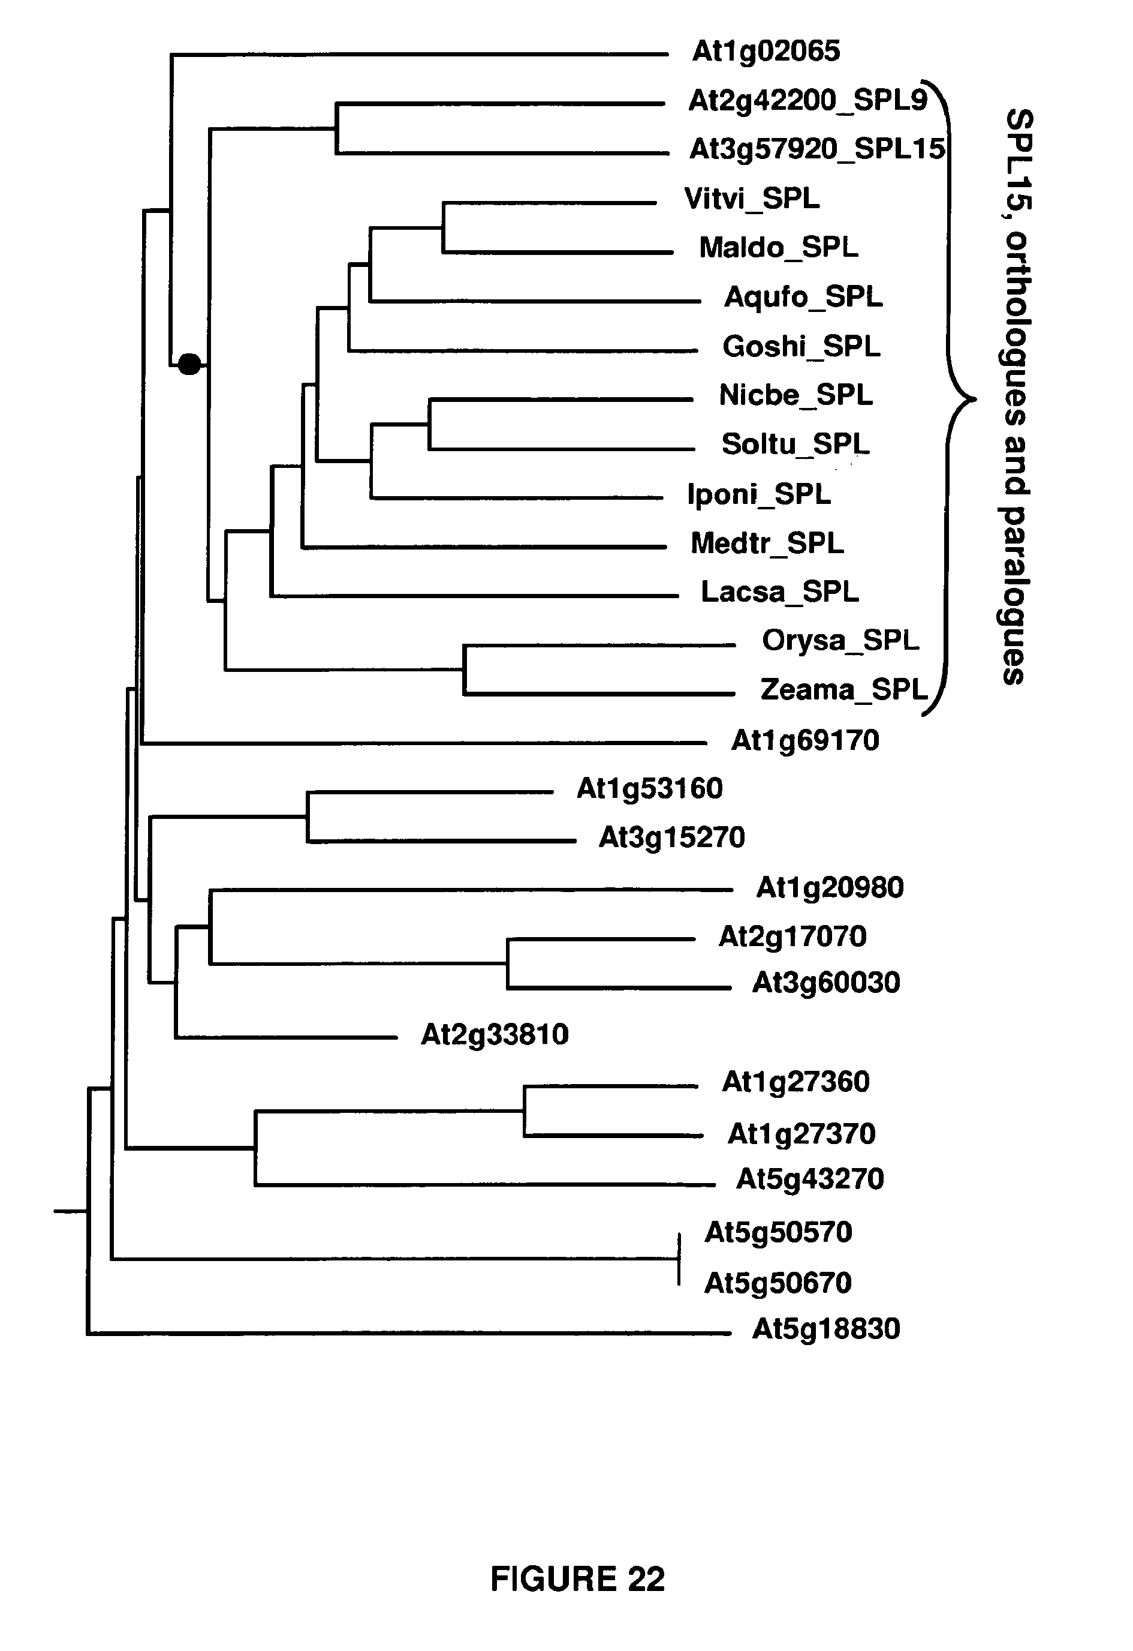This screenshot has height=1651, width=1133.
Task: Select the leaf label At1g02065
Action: [766, 51]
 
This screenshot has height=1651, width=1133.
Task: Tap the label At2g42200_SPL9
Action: [807, 101]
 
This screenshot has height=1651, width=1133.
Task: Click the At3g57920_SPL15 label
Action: [817, 149]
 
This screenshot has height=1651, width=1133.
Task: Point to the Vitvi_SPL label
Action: [751, 199]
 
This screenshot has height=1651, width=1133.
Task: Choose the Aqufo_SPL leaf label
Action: [803, 297]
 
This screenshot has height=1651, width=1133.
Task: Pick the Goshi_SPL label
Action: [801, 347]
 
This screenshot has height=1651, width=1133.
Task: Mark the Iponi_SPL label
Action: [758, 494]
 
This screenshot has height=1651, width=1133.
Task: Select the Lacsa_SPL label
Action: [779, 592]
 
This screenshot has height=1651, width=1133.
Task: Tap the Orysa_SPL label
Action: [840, 641]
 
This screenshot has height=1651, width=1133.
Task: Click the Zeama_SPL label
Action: [843, 690]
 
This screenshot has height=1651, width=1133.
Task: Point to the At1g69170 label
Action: [805, 741]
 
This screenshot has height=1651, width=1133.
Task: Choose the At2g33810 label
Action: [495, 1035]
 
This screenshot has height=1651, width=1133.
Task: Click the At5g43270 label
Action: [810, 1179]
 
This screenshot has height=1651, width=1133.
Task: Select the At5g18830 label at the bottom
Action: [825, 1329]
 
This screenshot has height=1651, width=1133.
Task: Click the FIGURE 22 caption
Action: [577, 1578]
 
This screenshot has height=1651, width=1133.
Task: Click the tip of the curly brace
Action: [975, 400]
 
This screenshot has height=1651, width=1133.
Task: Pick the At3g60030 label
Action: [825, 983]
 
